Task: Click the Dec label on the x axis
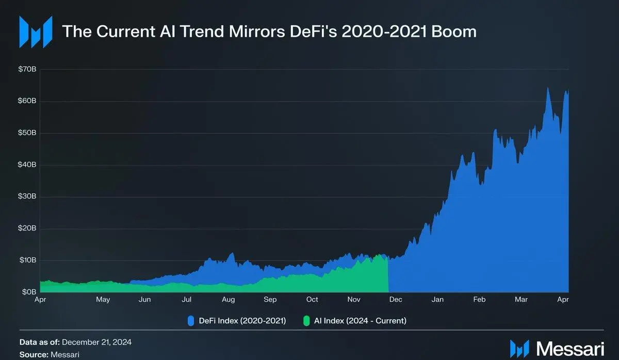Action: pos(396,300)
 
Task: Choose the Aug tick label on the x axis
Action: pos(229,300)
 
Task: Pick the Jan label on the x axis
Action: pos(437,300)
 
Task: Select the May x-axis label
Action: pos(103,300)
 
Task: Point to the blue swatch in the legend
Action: pos(190,320)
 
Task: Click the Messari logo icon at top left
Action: pos(36,32)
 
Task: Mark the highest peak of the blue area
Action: pos(548,88)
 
